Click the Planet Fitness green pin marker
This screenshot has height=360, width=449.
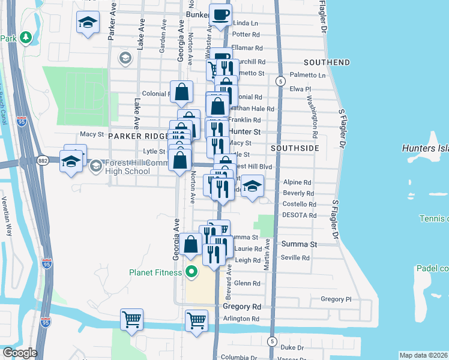pos(191,272)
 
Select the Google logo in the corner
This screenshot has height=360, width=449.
pos(19,353)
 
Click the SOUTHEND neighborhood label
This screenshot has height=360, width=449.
pos(327,62)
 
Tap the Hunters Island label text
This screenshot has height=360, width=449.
pos(425,148)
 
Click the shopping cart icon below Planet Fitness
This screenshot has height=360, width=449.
pos(196,320)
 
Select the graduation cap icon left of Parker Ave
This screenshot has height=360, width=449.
pos(88,22)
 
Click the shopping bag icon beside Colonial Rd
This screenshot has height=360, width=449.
pos(182,92)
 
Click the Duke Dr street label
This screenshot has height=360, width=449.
pos(294,347)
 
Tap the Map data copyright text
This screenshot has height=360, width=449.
pos(424,355)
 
